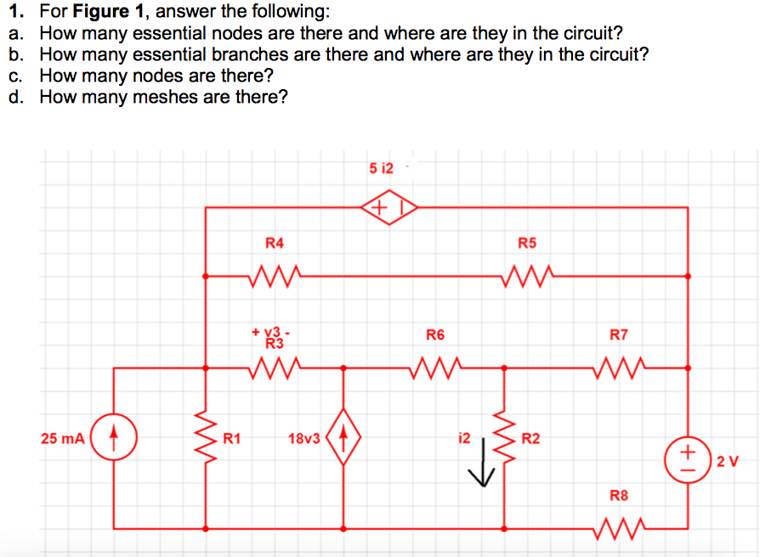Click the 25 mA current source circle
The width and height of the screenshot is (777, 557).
[115, 439]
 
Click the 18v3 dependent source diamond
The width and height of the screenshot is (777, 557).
[343, 440]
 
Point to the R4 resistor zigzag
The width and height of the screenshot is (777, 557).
[274, 275]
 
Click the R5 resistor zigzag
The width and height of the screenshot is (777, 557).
[527, 275]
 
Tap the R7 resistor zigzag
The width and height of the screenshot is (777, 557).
[619, 368]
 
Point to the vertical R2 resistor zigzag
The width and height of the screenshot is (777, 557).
[506, 440]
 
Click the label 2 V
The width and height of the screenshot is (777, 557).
[728, 461]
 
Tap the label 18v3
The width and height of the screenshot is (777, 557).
[303, 439]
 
